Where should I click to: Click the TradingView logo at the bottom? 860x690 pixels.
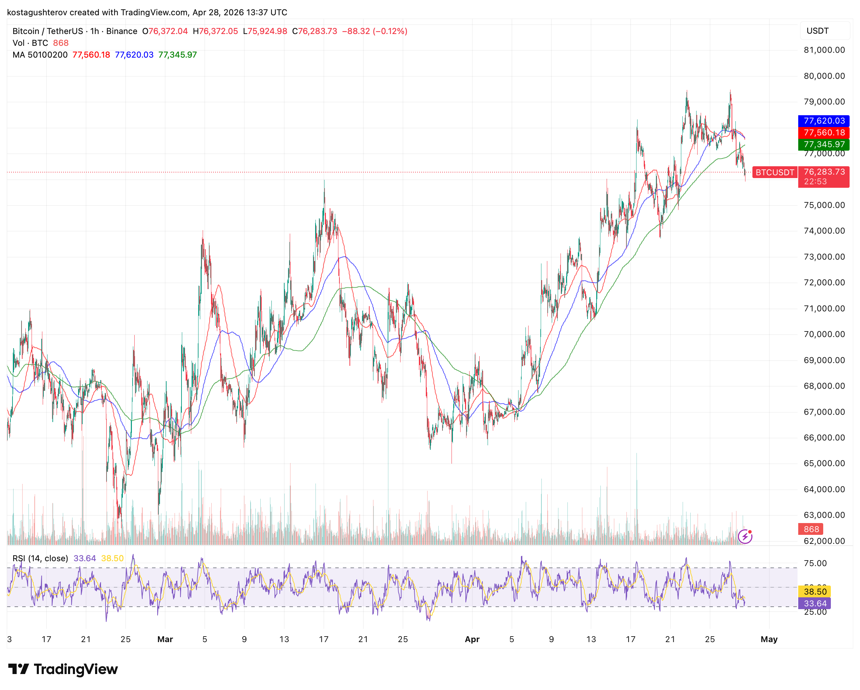coord(63,669)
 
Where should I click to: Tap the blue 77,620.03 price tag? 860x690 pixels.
coord(823,121)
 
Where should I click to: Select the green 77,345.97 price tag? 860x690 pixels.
coord(823,144)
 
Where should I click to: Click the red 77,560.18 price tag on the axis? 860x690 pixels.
coord(823,133)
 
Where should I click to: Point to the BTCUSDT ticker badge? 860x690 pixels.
coord(774,172)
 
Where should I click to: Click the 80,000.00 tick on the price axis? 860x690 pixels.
coord(824,76)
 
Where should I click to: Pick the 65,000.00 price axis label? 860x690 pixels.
coord(824,463)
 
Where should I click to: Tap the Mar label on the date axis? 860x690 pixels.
coord(165,639)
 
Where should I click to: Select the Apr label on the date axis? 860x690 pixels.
coord(472,639)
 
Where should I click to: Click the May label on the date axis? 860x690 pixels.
coord(769,639)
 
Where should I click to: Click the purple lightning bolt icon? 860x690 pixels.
coord(745,537)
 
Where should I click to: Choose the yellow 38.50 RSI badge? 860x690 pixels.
coord(815,591)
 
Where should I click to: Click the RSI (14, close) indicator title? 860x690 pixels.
coord(40,558)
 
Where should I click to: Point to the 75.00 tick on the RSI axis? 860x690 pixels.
coord(815,563)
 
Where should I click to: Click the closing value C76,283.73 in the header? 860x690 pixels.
coord(314,31)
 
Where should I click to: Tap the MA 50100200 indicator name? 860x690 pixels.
coord(40,54)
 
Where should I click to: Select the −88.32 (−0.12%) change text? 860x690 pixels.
coord(374,31)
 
